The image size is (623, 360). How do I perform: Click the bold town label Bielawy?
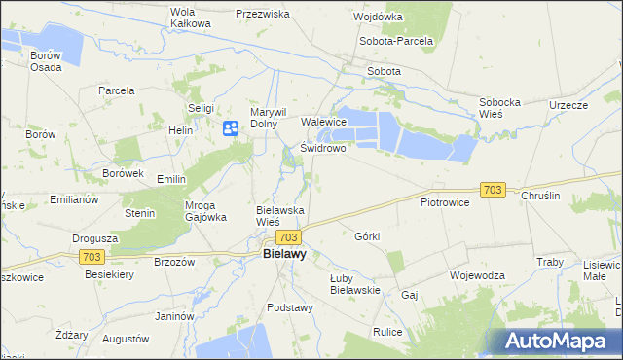[x=284, y=255]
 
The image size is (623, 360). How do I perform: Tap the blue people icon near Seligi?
[x=231, y=127]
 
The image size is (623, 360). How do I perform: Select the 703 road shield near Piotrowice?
[x=493, y=190]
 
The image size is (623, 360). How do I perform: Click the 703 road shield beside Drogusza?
[x=92, y=256]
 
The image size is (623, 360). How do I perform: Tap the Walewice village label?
[x=324, y=122]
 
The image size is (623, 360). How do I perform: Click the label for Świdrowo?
[x=323, y=149]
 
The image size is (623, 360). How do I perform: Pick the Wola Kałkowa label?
[x=191, y=18]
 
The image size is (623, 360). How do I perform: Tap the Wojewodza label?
[x=477, y=275]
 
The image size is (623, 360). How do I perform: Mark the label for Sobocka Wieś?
[x=503, y=108]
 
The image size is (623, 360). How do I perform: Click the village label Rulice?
[x=387, y=332]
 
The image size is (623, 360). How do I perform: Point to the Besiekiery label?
[x=112, y=275]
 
